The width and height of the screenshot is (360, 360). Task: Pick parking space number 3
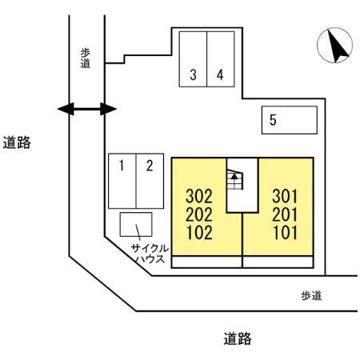click(194, 76)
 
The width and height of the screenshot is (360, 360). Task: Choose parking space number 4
click(220, 76)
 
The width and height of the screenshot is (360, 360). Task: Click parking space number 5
click(274, 121)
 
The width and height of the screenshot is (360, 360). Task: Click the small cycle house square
click(135, 225)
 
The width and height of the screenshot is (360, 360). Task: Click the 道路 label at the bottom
click(238, 339)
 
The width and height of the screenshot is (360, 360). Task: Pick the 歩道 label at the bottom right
click(311, 295)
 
